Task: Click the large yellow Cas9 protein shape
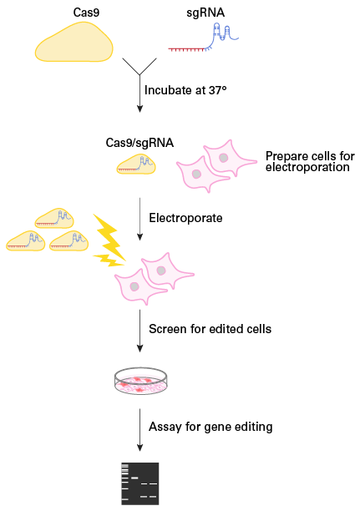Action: click(x=74, y=43)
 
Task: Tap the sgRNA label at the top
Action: click(x=205, y=13)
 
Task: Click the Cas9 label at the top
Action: click(x=86, y=13)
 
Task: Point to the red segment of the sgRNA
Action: click(x=186, y=49)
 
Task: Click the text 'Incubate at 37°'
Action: click(x=185, y=90)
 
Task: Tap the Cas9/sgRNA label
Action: click(x=139, y=143)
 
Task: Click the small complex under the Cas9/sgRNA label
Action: click(x=136, y=164)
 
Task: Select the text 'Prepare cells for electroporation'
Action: click(x=310, y=161)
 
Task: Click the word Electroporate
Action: click(x=185, y=218)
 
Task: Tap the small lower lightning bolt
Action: click(x=109, y=260)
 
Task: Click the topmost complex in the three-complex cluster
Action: click(x=54, y=218)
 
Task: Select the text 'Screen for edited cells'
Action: click(x=210, y=329)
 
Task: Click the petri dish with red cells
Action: click(x=141, y=382)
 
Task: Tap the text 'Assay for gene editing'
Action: click(x=210, y=427)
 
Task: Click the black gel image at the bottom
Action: click(x=140, y=483)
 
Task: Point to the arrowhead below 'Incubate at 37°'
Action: click(x=139, y=109)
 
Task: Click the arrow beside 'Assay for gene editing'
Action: click(x=139, y=430)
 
